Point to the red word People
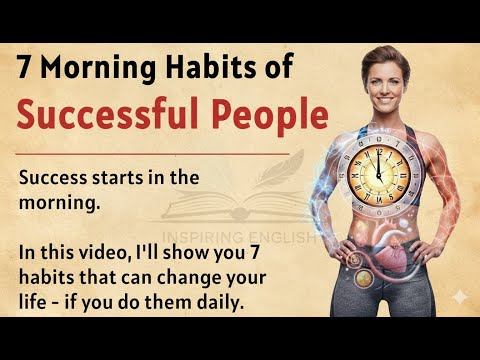click(272, 117)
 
